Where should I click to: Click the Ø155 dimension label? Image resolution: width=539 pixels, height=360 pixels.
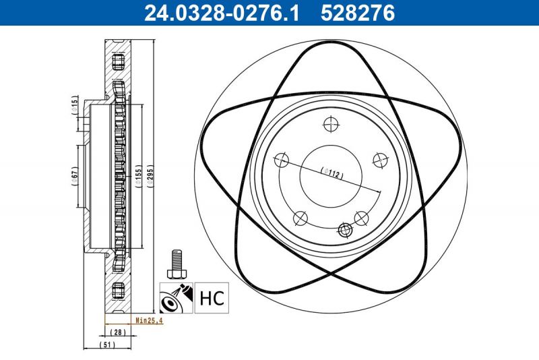[137, 175]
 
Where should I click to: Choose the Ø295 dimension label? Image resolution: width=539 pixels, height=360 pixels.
[151, 175]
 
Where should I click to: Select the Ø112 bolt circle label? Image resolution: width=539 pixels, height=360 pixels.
[331, 173]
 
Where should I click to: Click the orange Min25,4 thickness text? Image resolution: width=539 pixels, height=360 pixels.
[149, 321]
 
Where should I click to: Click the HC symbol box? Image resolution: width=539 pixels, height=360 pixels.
[212, 297]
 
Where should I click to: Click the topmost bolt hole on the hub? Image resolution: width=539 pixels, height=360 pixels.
[330, 124]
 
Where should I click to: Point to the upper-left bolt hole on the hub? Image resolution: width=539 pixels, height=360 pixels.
[282, 160]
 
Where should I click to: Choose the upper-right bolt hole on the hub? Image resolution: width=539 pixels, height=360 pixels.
[379, 160]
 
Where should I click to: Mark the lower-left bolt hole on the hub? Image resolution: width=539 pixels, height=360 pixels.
[300, 218]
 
